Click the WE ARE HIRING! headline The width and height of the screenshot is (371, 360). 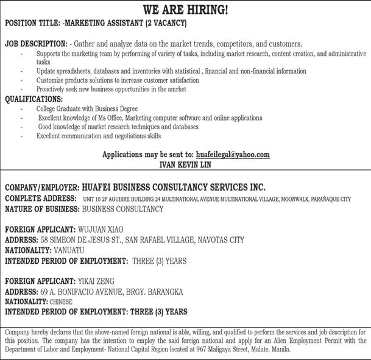tap(185, 10)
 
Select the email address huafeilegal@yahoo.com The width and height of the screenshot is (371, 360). tap(232, 155)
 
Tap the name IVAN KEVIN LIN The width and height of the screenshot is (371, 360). tap(185, 164)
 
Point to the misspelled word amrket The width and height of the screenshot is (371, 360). tap(176, 89)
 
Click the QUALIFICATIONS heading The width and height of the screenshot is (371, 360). tap(34, 99)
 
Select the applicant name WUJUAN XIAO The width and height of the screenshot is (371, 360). tap(100, 230)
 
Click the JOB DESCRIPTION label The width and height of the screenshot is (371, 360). tap(36, 44)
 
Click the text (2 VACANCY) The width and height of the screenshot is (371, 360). tap(166, 23)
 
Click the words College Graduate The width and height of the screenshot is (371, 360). tap(60, 108)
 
